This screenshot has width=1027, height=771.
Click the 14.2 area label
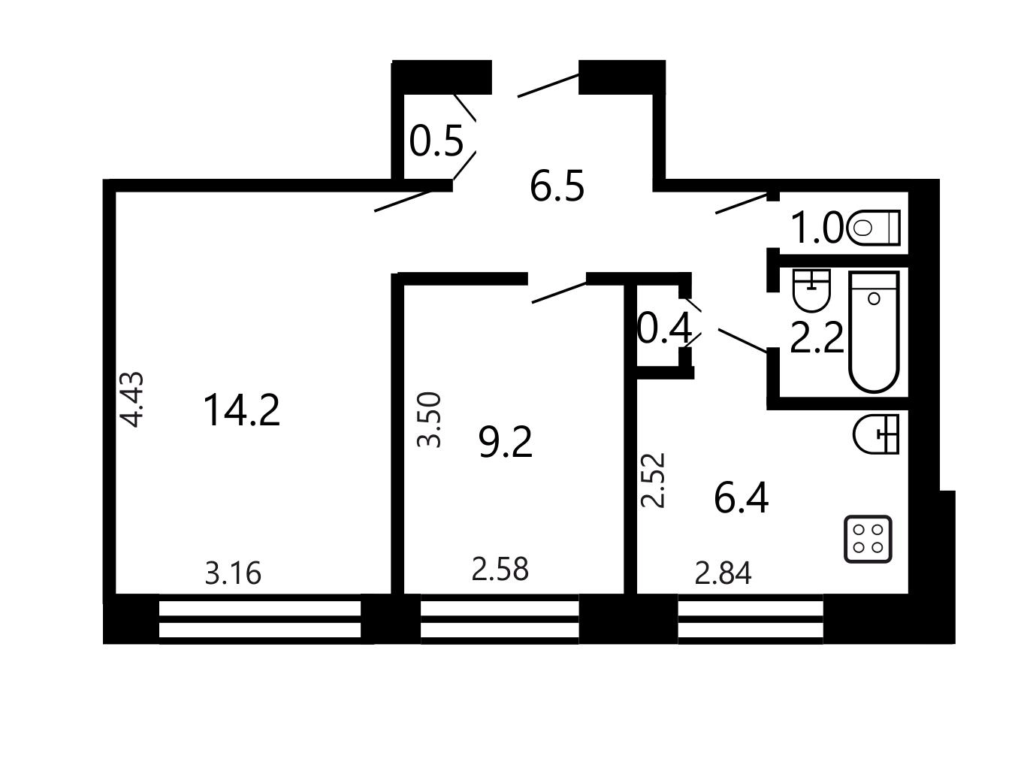(242, 410)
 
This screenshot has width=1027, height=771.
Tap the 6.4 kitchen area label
(741, 498)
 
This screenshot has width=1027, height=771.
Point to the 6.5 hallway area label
(557, 186)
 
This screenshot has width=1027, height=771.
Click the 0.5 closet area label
(436, 141)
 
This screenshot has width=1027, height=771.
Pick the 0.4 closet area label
(664, 328)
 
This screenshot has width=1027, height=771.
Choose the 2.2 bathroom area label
(817, 337)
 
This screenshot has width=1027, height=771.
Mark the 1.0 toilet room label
(817, 228)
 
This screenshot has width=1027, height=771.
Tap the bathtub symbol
(874, 331)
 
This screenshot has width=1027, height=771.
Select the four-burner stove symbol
(868, 539)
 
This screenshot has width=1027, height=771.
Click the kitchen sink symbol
(876, 434)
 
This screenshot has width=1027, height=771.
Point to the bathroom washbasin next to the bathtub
(811, 291)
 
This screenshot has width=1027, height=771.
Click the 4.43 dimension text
(131, 399)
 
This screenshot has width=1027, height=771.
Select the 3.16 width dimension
(233, 573)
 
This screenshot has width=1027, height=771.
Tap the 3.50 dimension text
(429, 419)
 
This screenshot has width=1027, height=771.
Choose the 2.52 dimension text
(653, 479)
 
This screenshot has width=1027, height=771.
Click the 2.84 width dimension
(723, 573)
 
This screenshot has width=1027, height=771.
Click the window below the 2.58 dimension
(500, 619)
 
